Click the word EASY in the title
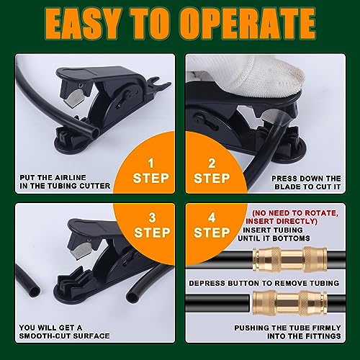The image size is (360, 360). [82, 24]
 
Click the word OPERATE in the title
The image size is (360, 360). [248, 24]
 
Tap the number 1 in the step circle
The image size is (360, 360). [150, 163]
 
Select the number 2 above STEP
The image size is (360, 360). [212, 163]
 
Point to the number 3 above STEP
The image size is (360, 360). [152, 217]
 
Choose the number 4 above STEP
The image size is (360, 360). [212, 217]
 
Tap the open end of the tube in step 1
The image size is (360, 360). [95, 132]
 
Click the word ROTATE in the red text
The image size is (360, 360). [322, 213]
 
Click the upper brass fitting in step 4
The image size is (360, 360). [290, 260]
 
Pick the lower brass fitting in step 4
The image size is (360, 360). [289, 303]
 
